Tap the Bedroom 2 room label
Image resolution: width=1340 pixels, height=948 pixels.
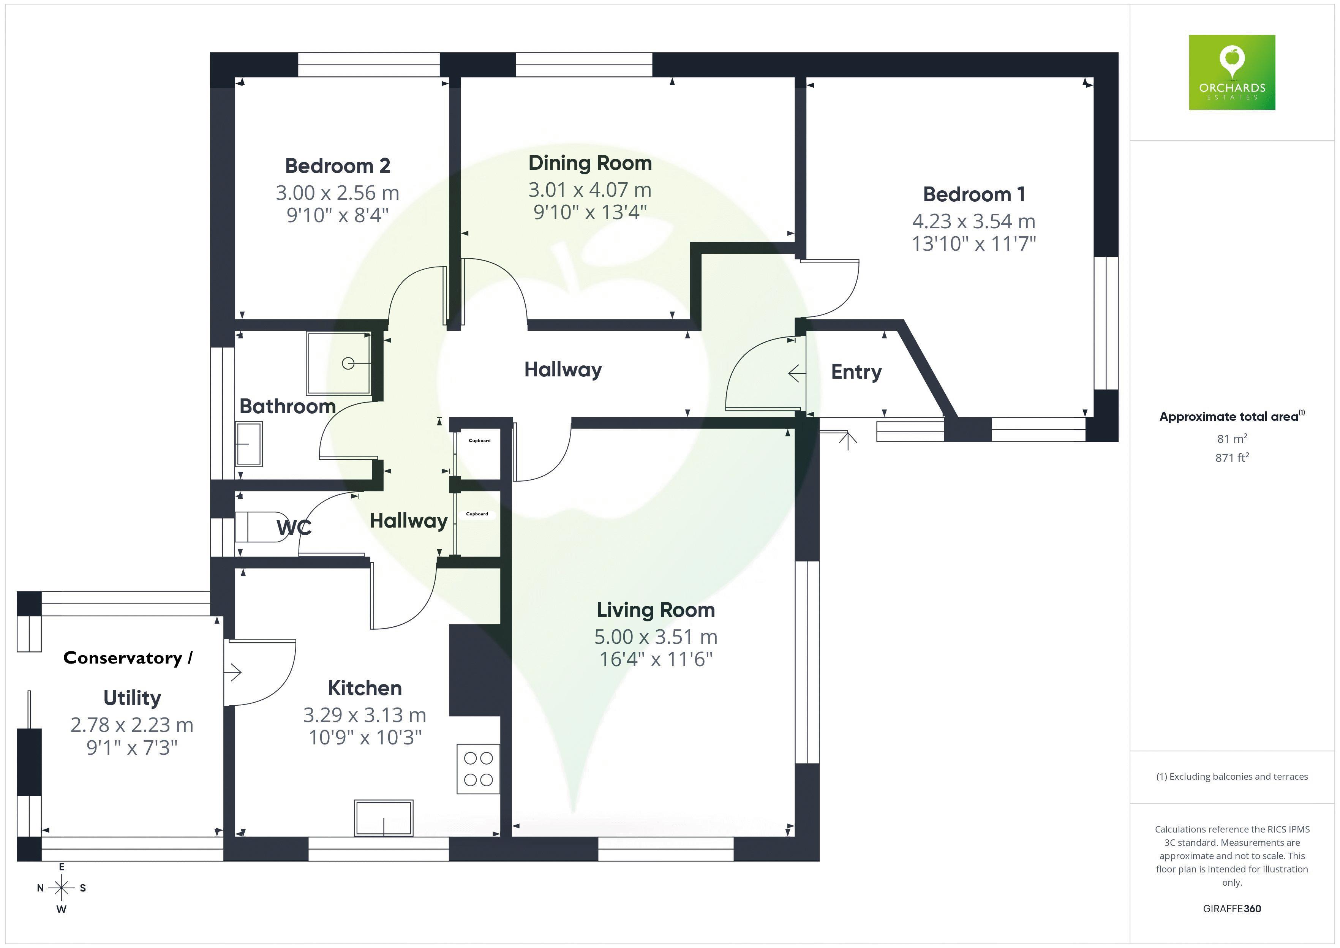[x=337, y=166]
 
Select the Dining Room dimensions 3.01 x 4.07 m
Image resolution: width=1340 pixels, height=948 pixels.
[x=589, y=190]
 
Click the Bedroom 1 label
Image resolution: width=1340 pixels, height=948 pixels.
[x=973, y=194]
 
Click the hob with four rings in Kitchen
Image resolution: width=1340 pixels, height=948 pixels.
[x=478, y=769]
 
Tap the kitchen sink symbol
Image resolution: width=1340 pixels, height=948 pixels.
[x=384, y=818]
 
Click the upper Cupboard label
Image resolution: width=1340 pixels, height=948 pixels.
[x=479, y=441]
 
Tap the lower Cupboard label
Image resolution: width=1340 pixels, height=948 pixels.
[x=477, y=514]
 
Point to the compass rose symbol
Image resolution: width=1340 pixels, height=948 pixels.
[x=61, y=888]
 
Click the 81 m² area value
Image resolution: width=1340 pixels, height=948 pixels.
[x=1231, y=438]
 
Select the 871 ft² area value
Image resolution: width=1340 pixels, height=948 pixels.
[x=1231, y=458]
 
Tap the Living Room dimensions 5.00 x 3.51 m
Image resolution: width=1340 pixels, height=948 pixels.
[x=656, y=637]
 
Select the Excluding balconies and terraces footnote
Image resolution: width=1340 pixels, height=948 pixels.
[x=1231, y=776]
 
